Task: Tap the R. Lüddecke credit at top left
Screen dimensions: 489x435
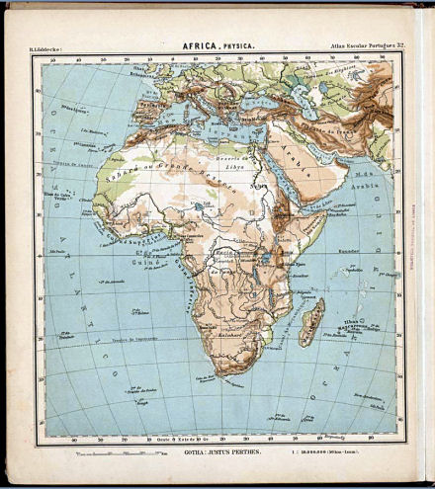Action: [48, 46]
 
